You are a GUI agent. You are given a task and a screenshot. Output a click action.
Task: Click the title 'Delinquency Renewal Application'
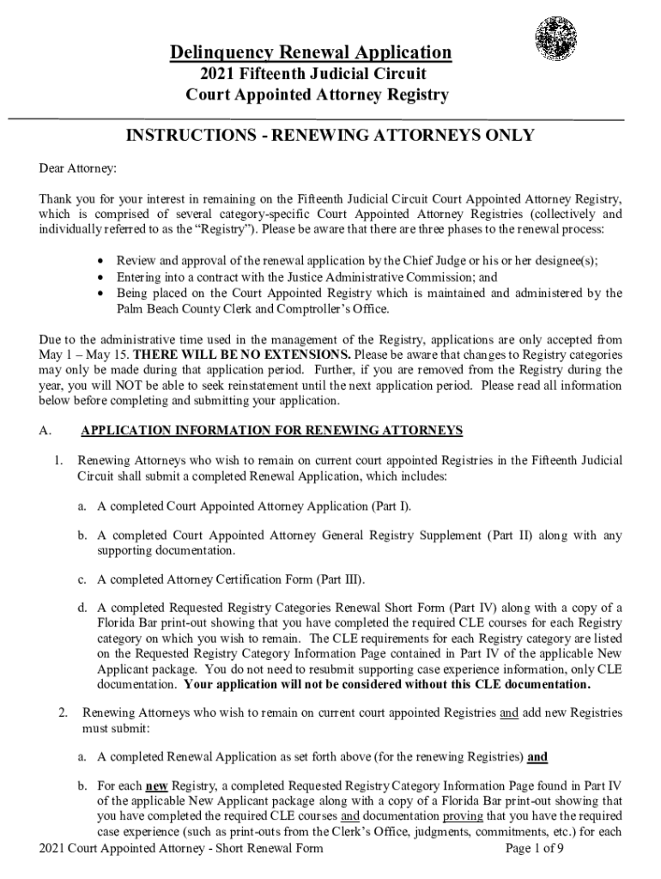pyautogui.click(x=311, y=53)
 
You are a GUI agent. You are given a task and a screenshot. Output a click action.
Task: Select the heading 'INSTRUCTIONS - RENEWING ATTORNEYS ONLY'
pyautogui.click(x=330, y=135)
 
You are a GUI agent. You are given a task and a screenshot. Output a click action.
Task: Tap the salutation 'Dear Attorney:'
pyautogui.click(x=78, y=167)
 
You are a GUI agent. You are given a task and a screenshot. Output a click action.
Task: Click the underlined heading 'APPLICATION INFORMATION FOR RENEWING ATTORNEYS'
pyautogui.click(x=271, y=430)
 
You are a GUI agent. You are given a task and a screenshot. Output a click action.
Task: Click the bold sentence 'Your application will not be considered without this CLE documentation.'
pyautogui.click(x=387, y=685)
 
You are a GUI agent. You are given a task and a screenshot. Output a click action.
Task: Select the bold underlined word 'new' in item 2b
pyautogui.click(x=155, y=785)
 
